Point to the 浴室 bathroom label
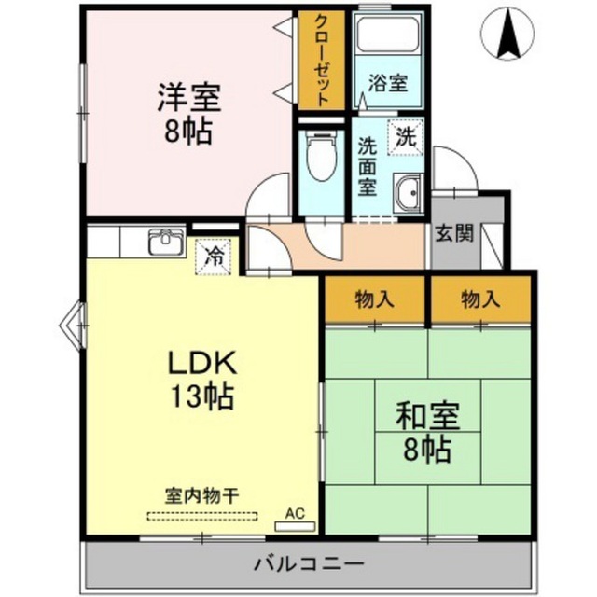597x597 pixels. [x=387, y=83]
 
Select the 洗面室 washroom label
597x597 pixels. [x=368, y=166]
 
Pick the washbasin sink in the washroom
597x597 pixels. [x=408, y=193]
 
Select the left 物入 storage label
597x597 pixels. [x=374, y=299]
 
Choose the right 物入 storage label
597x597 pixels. [x=479, y=299]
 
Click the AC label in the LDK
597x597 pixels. [x=296, y=513]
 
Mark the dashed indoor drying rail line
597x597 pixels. [x=200, y=516]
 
